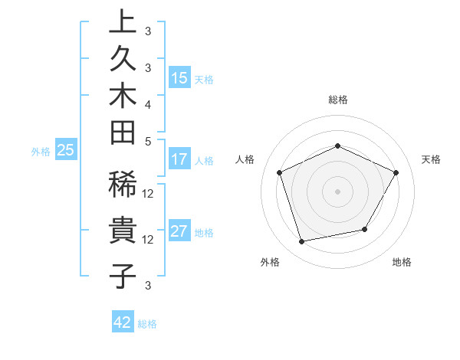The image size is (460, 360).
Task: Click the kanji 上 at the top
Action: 123,23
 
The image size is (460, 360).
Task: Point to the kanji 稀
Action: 123,187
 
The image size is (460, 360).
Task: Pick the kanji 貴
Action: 123,231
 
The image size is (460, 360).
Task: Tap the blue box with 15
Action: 179,78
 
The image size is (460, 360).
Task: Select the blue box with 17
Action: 179,160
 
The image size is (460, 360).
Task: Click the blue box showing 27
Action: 179,232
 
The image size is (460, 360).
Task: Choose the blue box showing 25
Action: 66,151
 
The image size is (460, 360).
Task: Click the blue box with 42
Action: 123,322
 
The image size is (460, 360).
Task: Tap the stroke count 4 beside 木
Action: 148,104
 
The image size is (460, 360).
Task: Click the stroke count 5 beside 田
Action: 148,141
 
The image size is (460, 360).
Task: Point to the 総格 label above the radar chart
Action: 338,100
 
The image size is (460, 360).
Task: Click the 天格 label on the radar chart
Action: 431,159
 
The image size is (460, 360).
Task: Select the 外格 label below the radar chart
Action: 270,262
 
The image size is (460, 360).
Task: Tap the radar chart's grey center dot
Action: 337,191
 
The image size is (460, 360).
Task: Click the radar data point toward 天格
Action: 396,172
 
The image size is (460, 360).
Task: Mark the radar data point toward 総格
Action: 337,146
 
